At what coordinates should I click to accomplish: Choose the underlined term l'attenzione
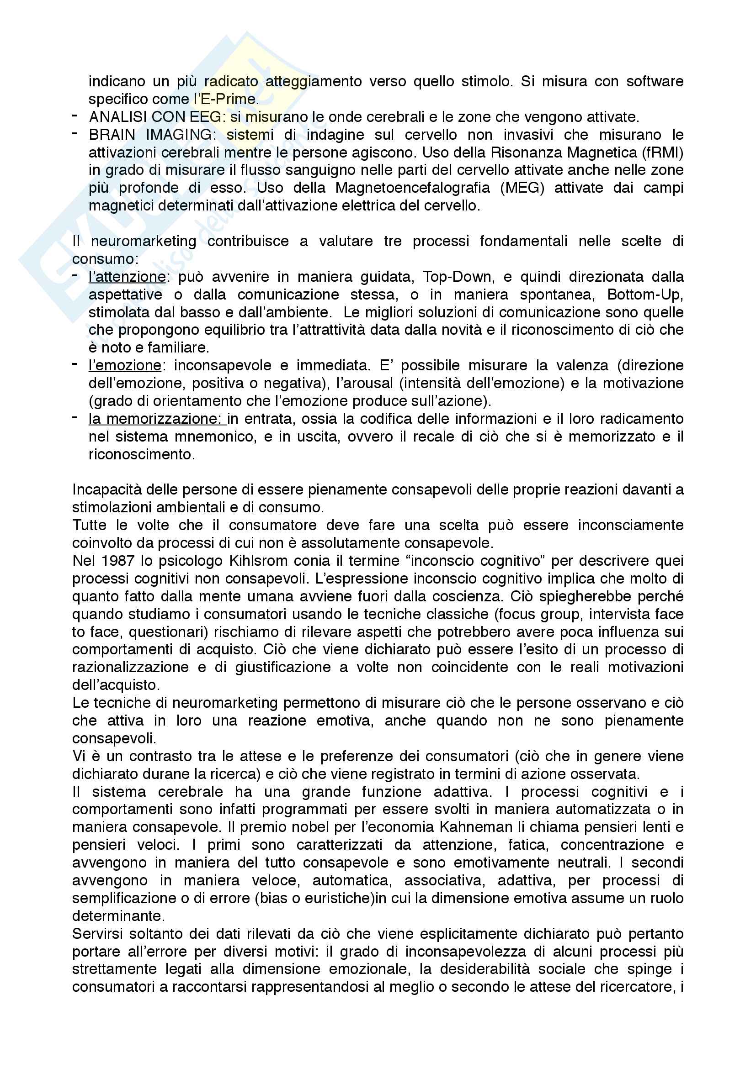(x=127, y=277)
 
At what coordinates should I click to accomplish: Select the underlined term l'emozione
(x=125, y=366)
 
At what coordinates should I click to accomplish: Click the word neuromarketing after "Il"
(x=144, y=242)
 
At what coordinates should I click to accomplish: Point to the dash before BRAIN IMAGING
(x=75, y=134)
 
